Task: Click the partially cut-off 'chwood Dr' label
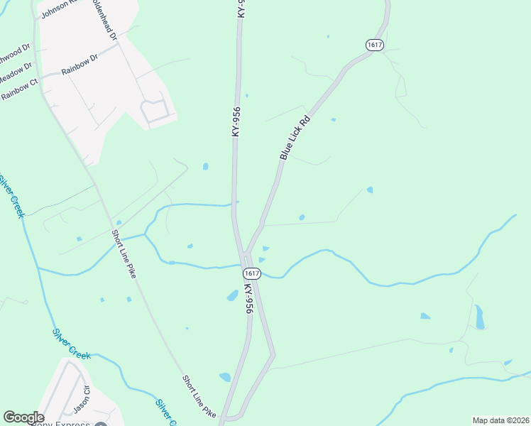click(x=14, y=54)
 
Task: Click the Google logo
click(x=23, y=417)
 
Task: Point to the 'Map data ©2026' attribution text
click(x=500, y=420)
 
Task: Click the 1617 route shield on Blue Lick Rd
click(x=375, y=45)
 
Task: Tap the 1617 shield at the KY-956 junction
click(x=251, y=273)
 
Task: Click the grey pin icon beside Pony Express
click(x=101, y=424)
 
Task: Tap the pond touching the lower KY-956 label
click(x=233, y=295)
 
